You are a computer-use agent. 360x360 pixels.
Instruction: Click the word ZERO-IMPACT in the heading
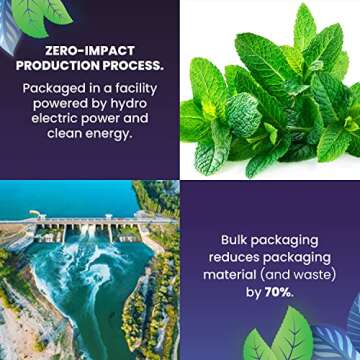(90, 51)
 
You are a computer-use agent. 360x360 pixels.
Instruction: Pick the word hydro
(129, 104)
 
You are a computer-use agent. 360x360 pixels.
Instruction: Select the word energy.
(112, 134)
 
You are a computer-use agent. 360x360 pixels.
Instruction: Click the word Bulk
(234, 240)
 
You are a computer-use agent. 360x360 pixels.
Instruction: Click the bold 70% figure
(280, 293)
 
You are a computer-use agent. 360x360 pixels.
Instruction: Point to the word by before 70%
(254, 294)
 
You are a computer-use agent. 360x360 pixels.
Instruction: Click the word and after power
(136, 118)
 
